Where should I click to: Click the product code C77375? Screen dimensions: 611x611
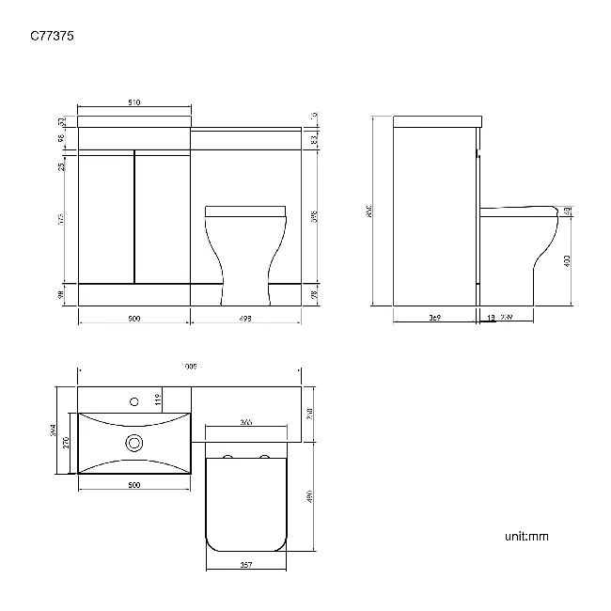point(53,37)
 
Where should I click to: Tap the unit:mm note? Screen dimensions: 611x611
point(526,537)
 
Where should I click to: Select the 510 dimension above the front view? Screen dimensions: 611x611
point(133,102)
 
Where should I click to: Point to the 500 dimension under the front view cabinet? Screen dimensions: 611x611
point(133,320)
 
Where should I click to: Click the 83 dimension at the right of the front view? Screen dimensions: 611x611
point(314,139)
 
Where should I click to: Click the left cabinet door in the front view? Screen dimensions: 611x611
point(106,216)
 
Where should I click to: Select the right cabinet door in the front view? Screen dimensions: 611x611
point(162,216)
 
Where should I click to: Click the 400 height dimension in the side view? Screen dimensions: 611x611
point(567,262)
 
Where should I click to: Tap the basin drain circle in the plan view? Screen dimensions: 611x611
point(133,443)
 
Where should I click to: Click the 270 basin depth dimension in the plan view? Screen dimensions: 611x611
point(66,442)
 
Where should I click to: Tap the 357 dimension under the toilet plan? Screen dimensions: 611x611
point(244,565)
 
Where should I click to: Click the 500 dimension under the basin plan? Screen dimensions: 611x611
point(133,485)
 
